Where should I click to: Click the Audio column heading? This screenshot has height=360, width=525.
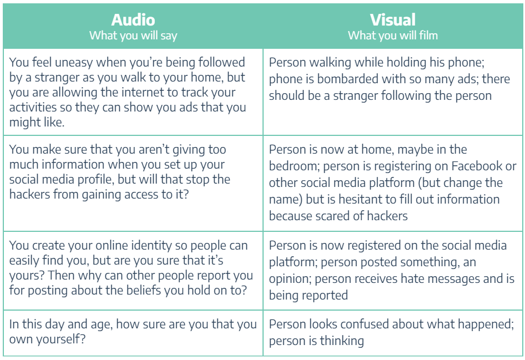(x=133, y=20)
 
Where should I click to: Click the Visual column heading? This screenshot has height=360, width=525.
(x=393, y=20)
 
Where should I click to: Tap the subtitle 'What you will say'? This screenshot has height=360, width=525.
(x=133, y=36)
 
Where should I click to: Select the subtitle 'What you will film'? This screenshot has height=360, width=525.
(x=393, y=35)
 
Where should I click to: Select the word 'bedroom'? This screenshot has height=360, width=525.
(x=294, y=166)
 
